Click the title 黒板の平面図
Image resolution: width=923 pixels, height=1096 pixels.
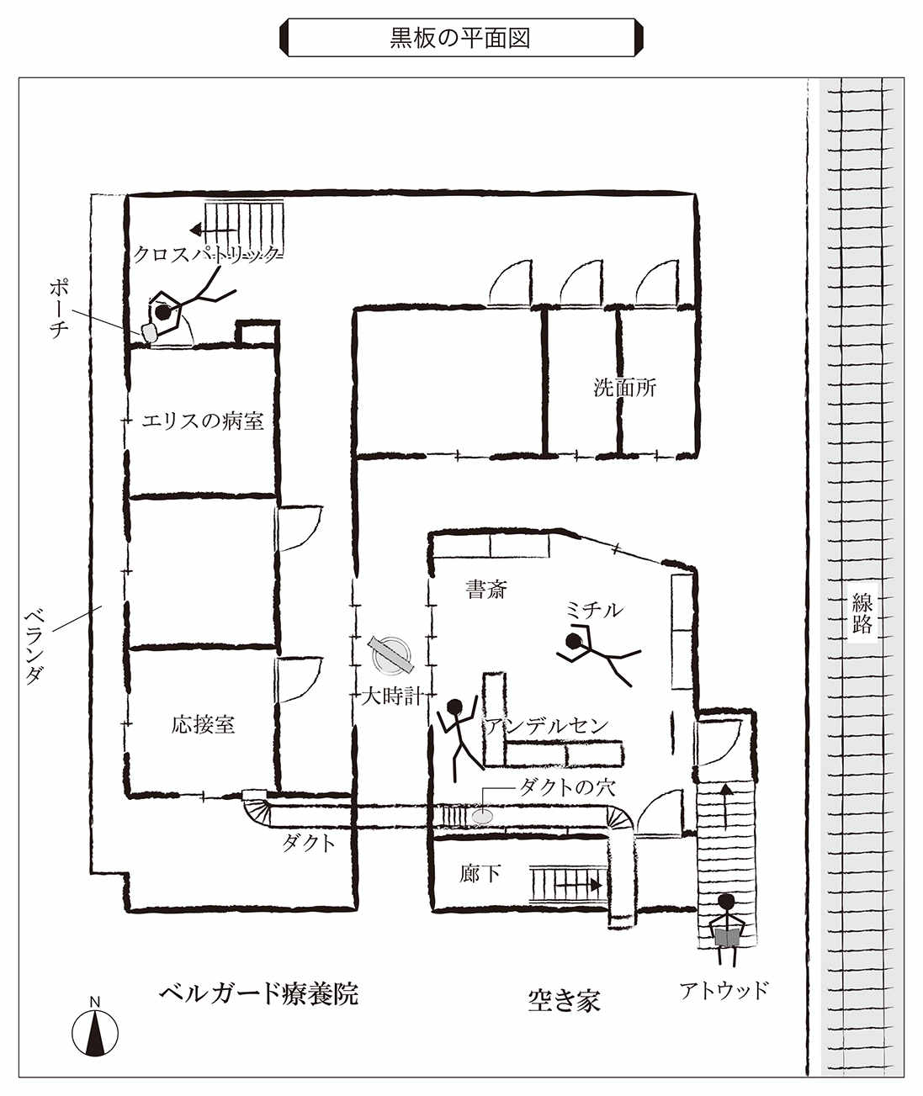coord(460,38)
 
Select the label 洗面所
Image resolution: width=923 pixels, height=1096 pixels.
coord(625,388)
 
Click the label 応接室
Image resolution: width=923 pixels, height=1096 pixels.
coord(203,725)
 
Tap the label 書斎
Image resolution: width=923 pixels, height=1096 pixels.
coord(486,590)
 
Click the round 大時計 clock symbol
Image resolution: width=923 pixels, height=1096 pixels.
coord(391,655)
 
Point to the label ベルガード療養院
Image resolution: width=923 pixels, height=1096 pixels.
coord(259,993)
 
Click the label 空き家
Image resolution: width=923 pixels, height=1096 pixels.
coord(564,1000)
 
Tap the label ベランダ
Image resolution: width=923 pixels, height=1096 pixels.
coord(34,646)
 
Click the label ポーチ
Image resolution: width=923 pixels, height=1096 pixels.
coord(60,310)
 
